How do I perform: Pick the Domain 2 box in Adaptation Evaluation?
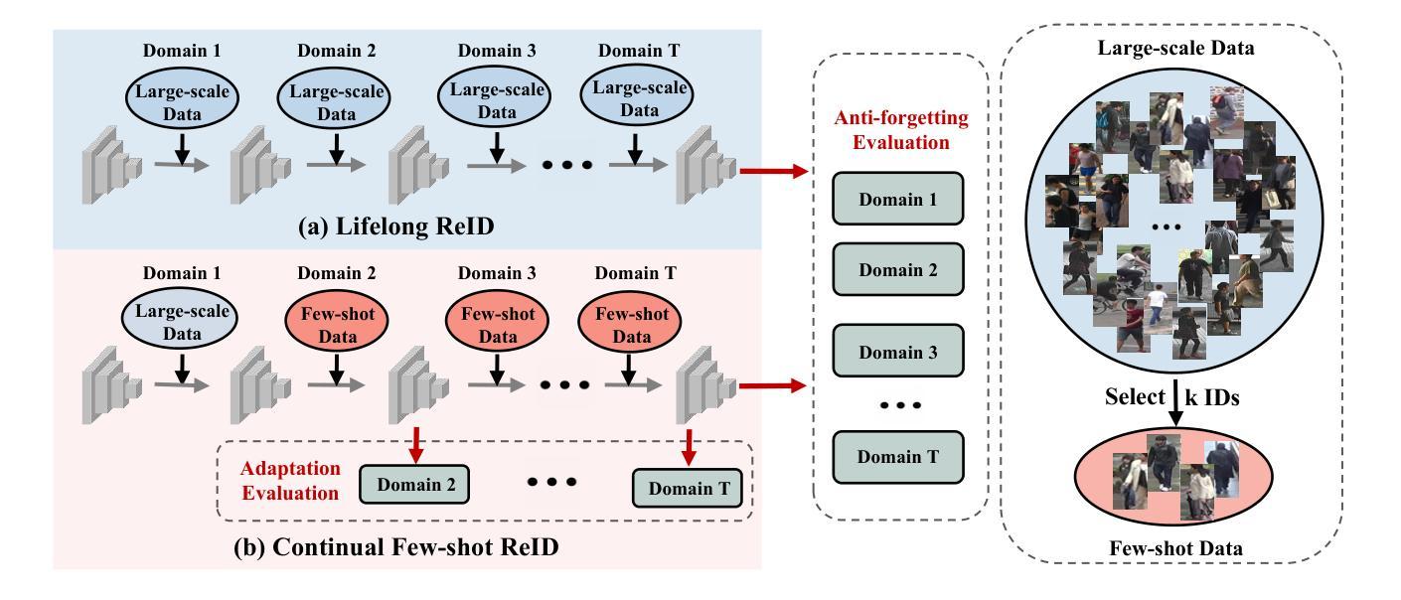[413, 484]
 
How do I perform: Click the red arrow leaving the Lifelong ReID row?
[767, 171]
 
